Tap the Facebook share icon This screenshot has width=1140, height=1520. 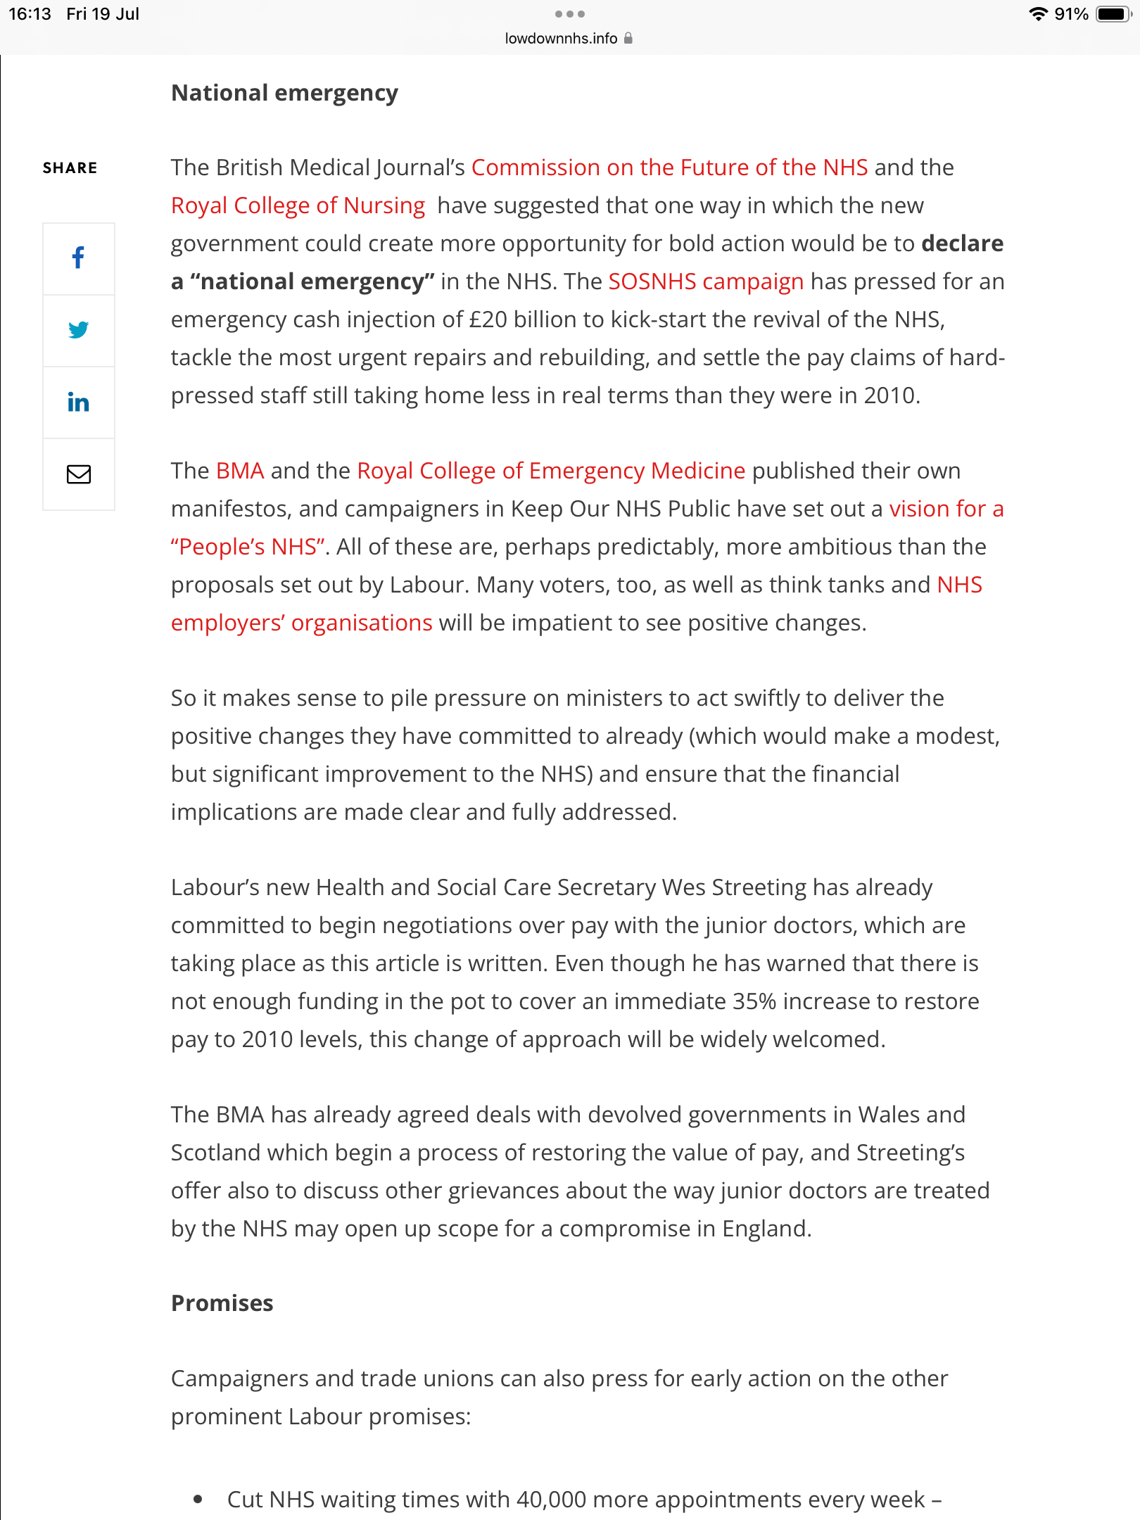click(78, 258)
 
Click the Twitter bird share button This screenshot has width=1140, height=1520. click(78, 330)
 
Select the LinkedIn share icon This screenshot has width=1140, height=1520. click(78, 403)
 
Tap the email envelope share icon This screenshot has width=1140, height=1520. click(78, 474)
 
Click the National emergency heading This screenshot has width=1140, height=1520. click(284, 93)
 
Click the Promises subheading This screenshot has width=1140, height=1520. click(222, 1303)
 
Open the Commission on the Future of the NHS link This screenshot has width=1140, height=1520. click(669, 167)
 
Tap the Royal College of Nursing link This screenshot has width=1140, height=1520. click(298, 205)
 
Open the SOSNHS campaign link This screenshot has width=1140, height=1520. click(705, 281)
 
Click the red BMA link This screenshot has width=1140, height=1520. click(240, 471)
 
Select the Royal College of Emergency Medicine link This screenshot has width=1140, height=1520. click(551, 471)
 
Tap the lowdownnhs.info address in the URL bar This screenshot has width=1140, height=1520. click(561, 39)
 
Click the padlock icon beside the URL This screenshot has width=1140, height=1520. click(628, 39)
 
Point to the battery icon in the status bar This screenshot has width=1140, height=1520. click(1113, 14)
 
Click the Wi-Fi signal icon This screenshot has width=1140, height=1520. click(1038, 14)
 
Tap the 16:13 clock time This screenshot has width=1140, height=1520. click(30, 14)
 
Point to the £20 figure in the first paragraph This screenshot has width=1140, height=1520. click(488, 319)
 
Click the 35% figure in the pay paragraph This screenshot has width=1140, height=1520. click(754, 1001)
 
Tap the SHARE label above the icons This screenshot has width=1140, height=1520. click(70, 168)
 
